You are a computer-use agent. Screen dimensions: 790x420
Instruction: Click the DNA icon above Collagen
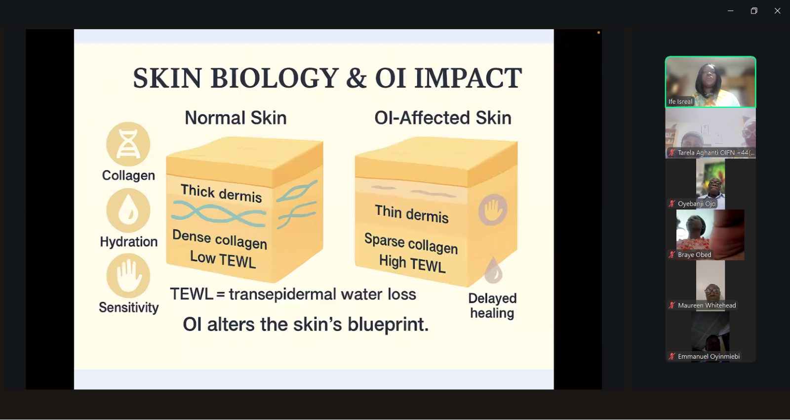pyautogui.click(x=128, y=144)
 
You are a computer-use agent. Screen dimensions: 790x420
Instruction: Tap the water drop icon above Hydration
pyautogui.click(x=128, y=210)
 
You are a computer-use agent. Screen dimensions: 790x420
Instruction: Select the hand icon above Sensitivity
pyautogui.click(x=128, y=276)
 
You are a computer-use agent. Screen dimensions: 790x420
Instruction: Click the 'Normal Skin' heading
pyautogui.click(x=236, y=118)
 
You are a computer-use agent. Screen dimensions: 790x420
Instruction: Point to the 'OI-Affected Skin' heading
pyautogui.click(x=442, y=118)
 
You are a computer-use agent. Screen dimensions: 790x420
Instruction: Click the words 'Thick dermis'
pyautogui.click(x=221, y=193)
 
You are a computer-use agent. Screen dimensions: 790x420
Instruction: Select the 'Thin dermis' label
pyautogui.click(x=412, y=214)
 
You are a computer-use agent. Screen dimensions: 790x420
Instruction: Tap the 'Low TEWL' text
pyautogui.click(x=223, y=260)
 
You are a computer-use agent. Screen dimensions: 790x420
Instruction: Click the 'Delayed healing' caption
pyautogui.click(x=492, y=306)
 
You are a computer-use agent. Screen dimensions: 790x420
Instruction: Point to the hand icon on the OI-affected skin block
pyautogui.click(x=493, y=210)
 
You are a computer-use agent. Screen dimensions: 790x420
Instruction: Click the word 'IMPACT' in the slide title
pyautogui.click(x=468, y=78)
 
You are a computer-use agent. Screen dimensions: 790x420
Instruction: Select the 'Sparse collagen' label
pyautogui.click(x=411, y=244)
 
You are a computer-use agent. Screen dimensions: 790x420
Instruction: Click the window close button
pyautogui.click(x=777, y=11)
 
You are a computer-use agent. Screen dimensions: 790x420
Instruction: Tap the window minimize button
pyautogui.click(x=730, y=11)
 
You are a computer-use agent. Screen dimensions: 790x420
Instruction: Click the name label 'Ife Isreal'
pyautogui.click(x=680, y=102)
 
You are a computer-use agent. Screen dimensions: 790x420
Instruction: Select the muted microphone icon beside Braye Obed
pyautogui.click(x=672, y=254)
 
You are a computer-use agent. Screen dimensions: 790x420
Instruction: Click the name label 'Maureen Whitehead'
pyautogui.click(x=707, y=306)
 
